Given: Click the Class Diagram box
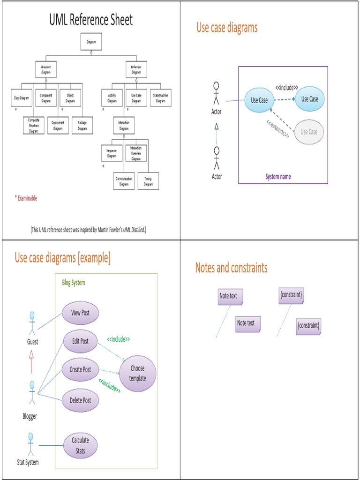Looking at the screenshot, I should click(22, 98).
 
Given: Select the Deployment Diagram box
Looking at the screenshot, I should click(58, 125).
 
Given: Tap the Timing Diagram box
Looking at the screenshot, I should click(148, 181).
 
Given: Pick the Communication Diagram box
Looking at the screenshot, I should click(124, 181).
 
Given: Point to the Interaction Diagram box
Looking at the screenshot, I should click(124, 126).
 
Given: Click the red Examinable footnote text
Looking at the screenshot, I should click(26, 198).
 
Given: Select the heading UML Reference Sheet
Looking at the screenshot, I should click(91, 20).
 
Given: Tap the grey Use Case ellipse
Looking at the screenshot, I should click(308, 132).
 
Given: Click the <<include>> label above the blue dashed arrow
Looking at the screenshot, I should click(287, 87).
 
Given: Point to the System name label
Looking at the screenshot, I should click(278, 177).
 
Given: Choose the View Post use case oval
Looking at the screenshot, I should click(80, 313).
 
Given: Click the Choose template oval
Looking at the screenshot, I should click(137, 373).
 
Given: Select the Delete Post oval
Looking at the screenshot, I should click(80, 400).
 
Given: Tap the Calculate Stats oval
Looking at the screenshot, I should click(80, 445).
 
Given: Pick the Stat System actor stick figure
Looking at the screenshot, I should click(31, 444).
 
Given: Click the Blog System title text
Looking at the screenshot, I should click(74, 283).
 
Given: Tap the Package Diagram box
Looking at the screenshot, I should click(82, 125).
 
